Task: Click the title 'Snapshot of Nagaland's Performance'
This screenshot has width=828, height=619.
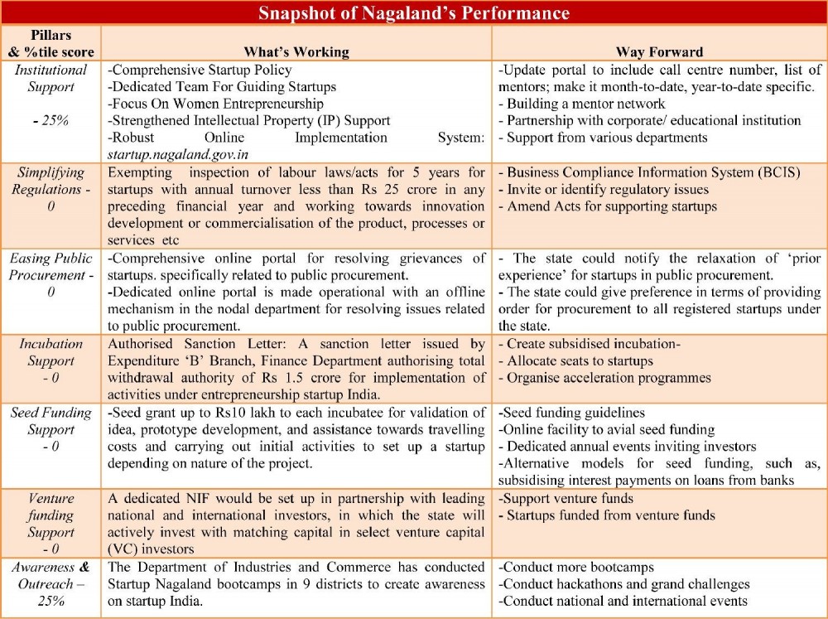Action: pos(413,13)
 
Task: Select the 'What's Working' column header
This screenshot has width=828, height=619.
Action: pos(296,51)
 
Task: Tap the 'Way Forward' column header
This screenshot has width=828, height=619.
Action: pos(659,51)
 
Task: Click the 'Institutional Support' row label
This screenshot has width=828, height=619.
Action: pos(51,79)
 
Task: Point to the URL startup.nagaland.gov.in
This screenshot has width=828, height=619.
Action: pos(178,154)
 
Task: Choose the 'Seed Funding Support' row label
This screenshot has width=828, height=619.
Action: pos(51,429)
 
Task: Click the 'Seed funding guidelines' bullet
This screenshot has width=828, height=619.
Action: pos(572,412)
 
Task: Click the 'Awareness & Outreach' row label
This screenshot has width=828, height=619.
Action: pos(51,584)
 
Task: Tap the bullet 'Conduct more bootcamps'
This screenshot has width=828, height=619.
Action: pos(576,568)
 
